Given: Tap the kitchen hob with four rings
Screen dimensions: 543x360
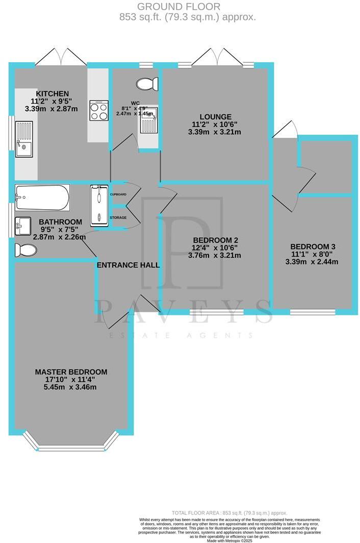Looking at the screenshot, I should click(x=99, y=110).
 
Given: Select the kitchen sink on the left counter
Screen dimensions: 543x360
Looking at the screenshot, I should click(x=24, y=139).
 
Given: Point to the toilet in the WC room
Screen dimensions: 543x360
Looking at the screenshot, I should click(x=148, y=84).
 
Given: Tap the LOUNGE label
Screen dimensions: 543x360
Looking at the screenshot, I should click(x=216, y=116).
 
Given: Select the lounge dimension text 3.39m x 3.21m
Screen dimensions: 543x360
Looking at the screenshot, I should click(x=216, y=132).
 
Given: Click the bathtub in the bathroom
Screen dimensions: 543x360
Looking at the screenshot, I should click(x=42, y=198).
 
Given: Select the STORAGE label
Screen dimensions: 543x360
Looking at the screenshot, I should click(x=118, y=218).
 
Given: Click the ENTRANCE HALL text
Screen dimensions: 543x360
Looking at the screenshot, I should click(x=128, y=265).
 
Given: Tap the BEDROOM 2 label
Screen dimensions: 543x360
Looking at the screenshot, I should click(x=216, y=240).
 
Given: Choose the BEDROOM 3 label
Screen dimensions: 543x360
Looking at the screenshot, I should click(x=313, y=246).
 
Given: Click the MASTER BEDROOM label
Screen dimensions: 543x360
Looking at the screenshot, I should click(x=71, y=372).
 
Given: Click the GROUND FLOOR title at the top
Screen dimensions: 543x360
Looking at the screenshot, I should click(x=179, y=7).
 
